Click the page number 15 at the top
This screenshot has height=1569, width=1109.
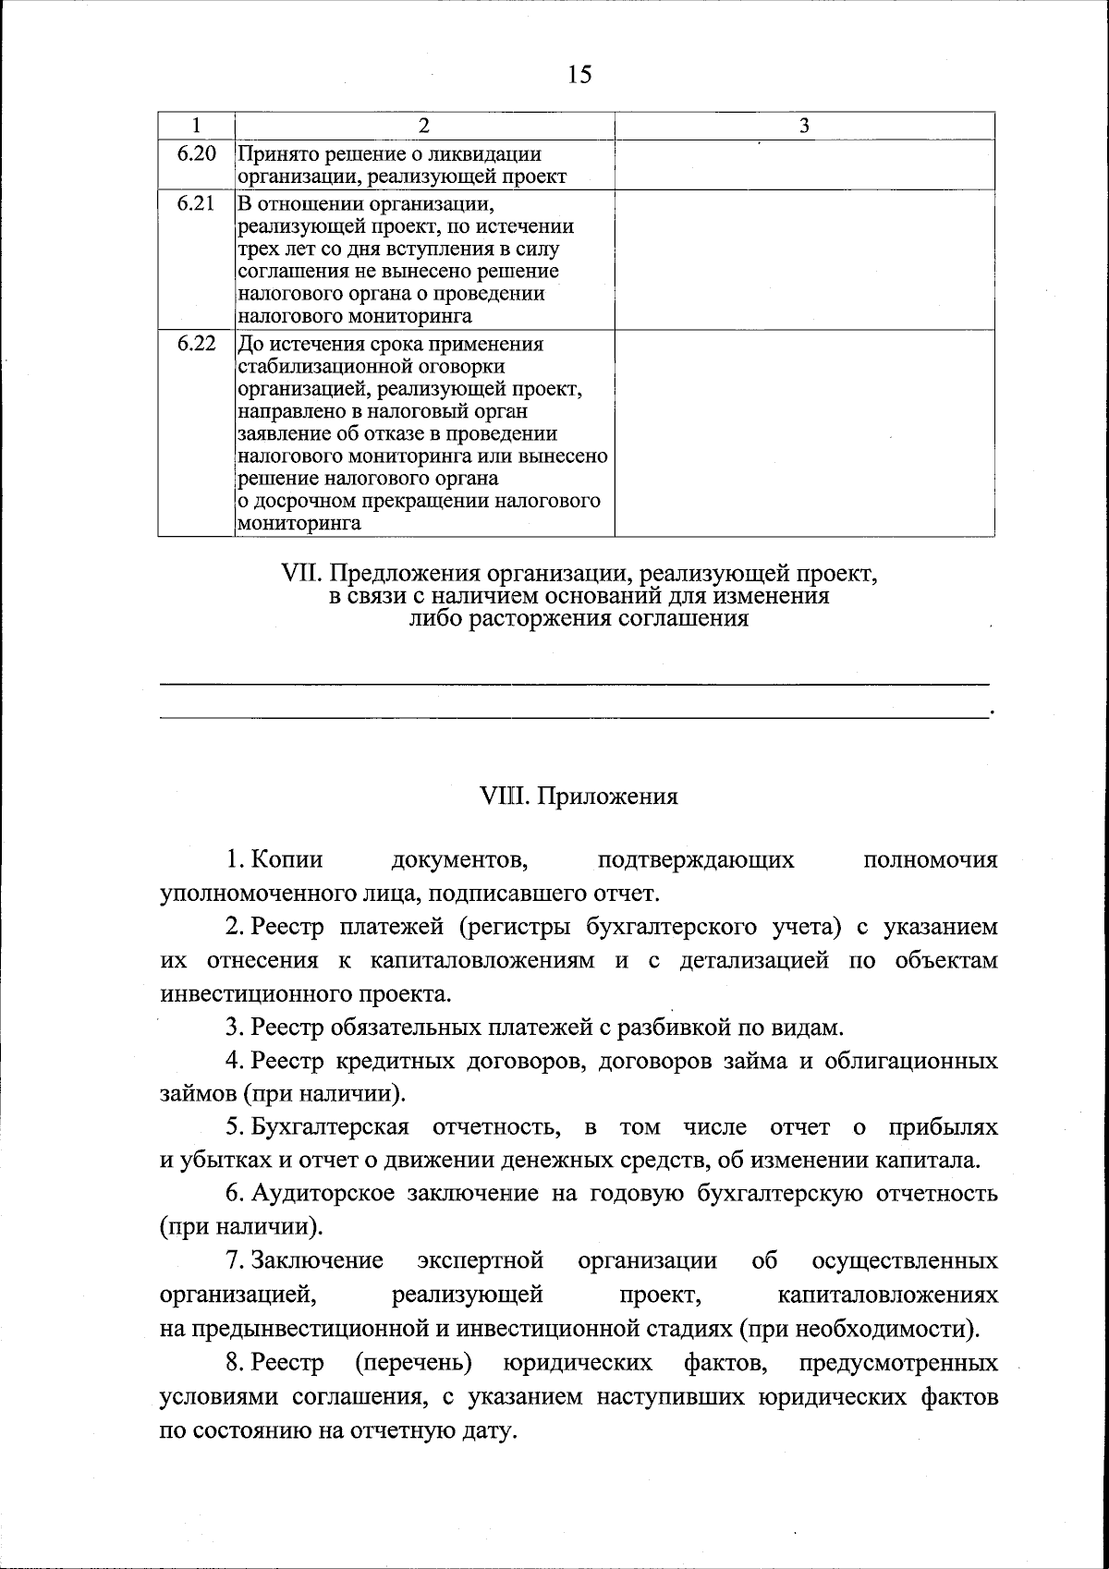point(579,75)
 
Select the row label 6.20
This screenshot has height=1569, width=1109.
point(196,154)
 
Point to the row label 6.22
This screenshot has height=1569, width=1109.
point(196,344)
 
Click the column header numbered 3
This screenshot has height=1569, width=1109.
point(804,127)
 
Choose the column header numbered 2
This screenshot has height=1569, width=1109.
point(424,127)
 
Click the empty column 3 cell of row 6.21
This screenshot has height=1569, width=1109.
point(804,260)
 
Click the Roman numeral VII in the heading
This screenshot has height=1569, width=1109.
point(299,574)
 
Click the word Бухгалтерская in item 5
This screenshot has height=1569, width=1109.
point(330,1127)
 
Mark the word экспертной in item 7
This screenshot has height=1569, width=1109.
point(480,1261)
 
